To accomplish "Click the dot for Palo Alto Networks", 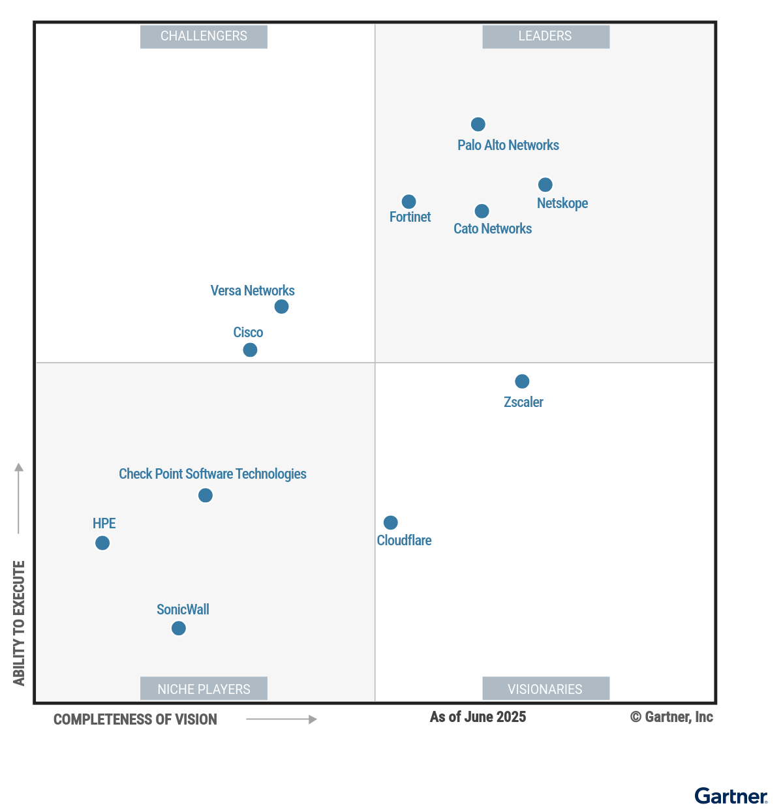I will (478, 124).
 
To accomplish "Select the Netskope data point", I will (545, 185).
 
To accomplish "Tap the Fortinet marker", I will (408, 202).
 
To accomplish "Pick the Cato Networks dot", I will (482, 211).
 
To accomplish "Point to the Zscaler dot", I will (522, 381).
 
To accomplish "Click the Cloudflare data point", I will (390, 522).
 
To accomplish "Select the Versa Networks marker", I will (281, 307).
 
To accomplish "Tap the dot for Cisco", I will (250, 350).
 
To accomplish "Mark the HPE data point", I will (102, 543).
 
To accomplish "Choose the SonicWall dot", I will (178, 628).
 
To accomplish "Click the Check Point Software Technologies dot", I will (205, 496).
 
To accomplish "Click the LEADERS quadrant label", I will (545, 37).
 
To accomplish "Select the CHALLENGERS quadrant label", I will (204, 37).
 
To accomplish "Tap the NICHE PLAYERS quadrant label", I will (204, 689).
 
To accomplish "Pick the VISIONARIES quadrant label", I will (545, 689).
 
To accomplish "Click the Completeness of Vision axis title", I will (135, 719).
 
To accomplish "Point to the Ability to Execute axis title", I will (19, 623).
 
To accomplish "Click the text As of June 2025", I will (478, 717).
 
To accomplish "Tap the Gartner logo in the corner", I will (731, 796).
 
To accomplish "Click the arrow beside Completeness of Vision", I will (281, 719).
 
